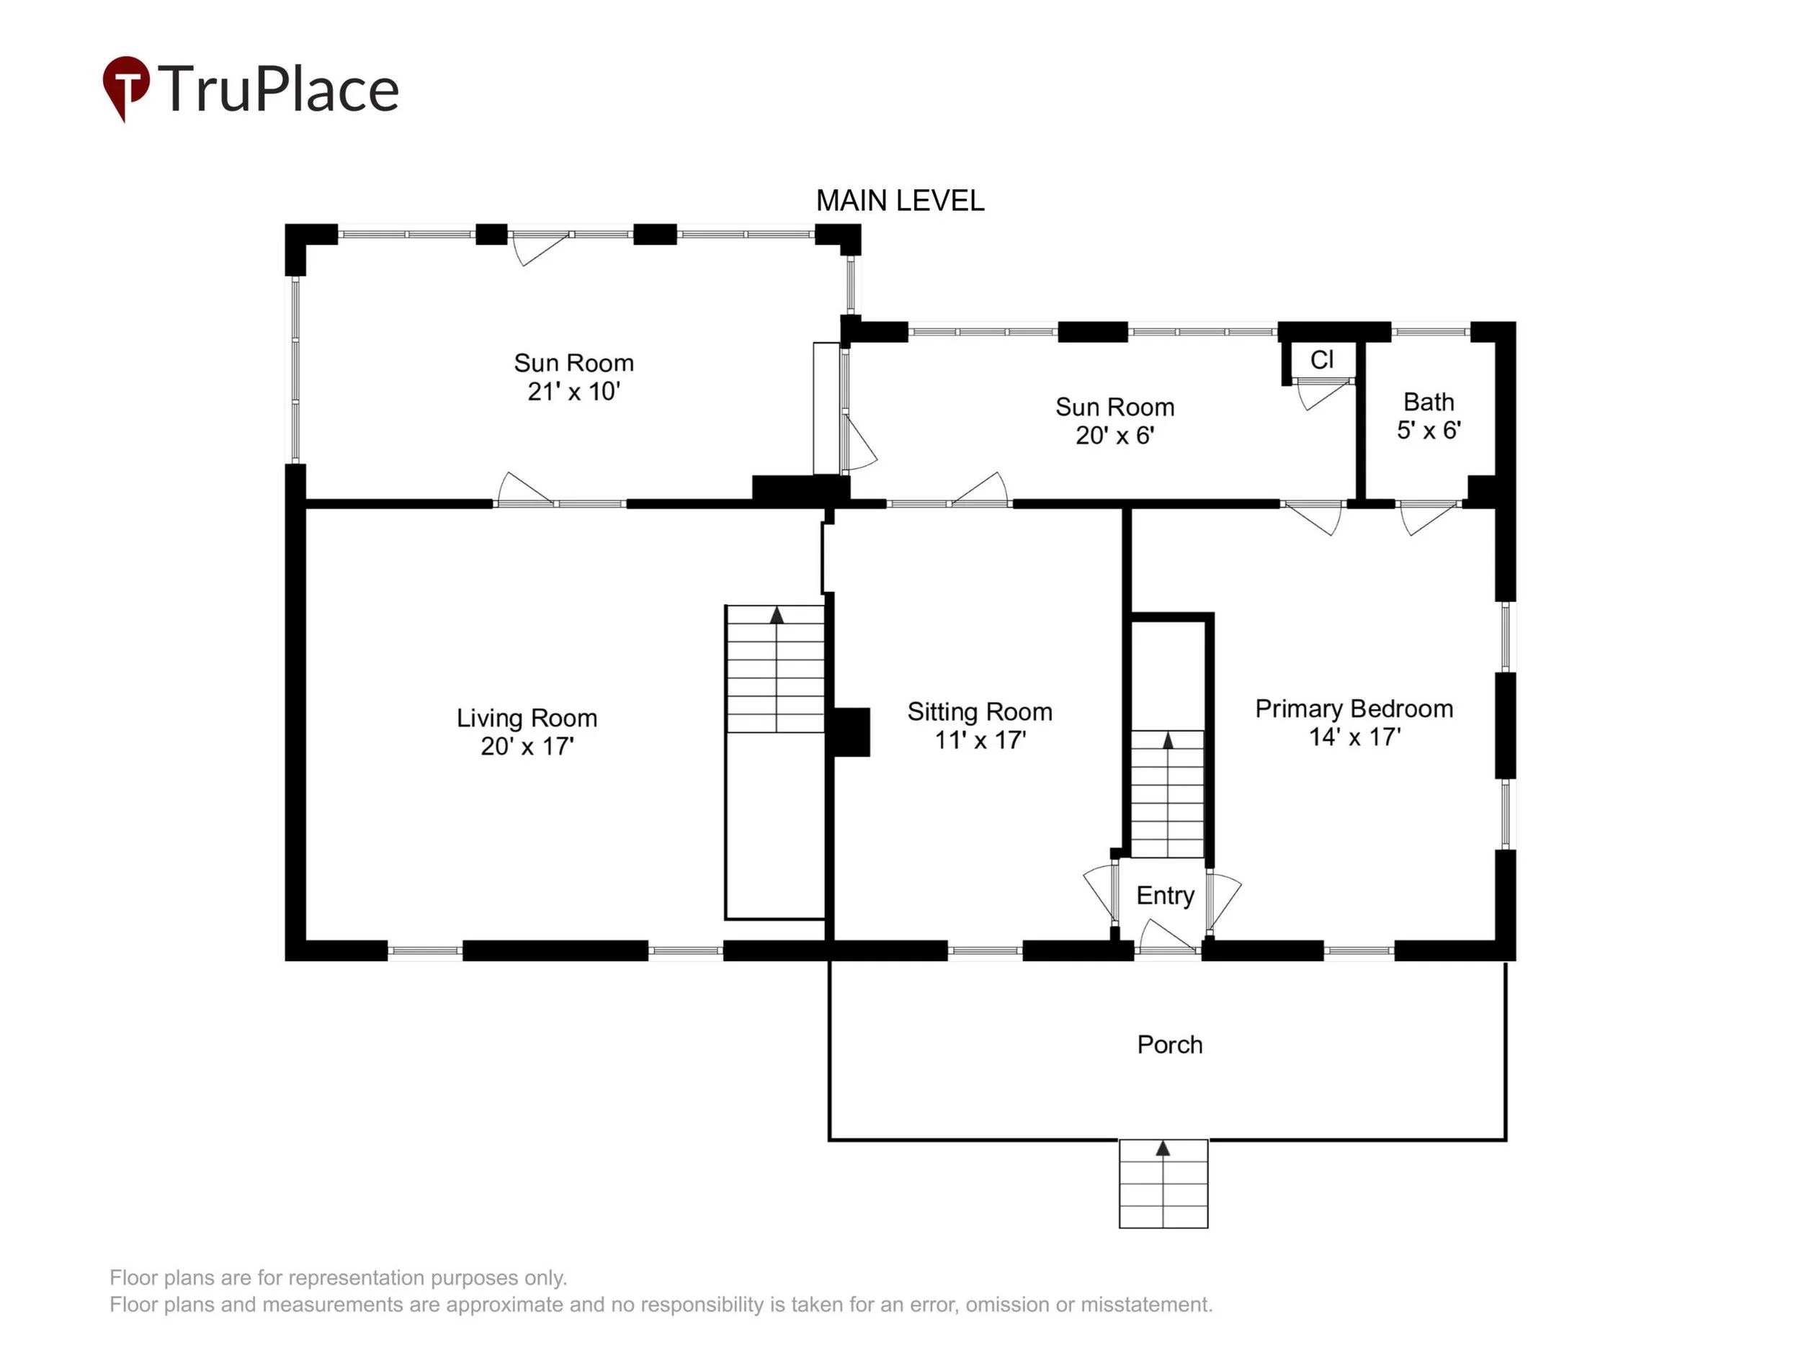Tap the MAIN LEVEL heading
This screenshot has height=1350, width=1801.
(x=900, y=200)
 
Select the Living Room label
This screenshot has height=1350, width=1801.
(x=527, y=718)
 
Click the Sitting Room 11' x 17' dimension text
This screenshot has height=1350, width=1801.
(x=980, y=740)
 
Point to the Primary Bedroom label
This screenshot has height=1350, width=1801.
(x=1354, y=708)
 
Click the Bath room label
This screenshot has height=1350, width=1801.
(x=1429, y=402)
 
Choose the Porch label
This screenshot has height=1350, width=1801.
(x=1170, y=1045)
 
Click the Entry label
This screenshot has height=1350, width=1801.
(x=1165, y=895)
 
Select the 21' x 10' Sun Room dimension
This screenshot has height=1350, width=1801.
(x=574, y=392)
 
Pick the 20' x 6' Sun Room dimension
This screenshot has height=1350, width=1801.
(x=1114, y=436)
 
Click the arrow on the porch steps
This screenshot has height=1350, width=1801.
(x=1163, y=1148)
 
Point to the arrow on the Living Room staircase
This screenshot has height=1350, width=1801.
(x=777, y=615)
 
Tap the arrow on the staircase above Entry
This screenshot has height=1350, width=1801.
(x=1168, y=740)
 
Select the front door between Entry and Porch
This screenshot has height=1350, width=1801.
(x=1168, y=936)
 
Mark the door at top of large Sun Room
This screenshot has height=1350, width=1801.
(x=540, y=248)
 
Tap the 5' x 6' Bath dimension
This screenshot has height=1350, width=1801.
(x=1429, y=431)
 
